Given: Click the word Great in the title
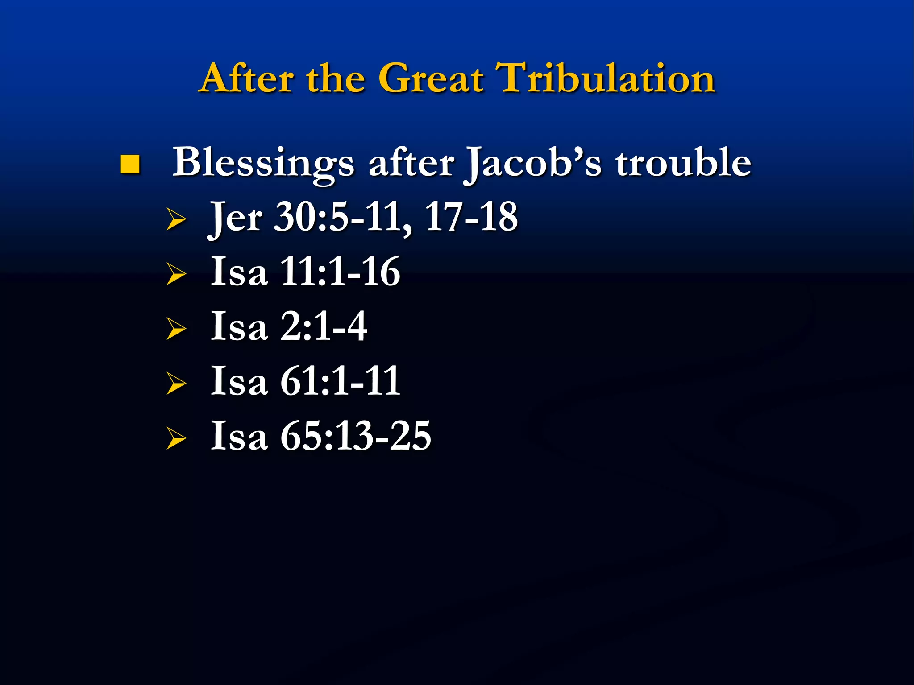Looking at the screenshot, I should click(431, 79).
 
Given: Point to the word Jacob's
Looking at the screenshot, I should click(533, 164).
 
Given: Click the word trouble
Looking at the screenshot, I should click(683, 163).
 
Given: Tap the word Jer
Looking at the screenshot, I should click(236, 219).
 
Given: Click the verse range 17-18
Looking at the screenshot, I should click(471, 217).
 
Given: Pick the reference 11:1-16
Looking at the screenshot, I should click(340, 272).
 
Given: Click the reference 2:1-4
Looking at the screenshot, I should click(324, 327).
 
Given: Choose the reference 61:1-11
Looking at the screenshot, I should click(340, 382).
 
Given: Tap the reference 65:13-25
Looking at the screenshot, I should click(355, 436).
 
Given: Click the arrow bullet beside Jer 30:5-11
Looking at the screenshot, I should click(176, 219).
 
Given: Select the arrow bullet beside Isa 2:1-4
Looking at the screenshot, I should click(176, 329).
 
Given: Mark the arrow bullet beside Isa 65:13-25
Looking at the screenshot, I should click(176, 438).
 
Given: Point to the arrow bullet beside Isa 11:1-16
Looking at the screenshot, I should click(176, 274).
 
